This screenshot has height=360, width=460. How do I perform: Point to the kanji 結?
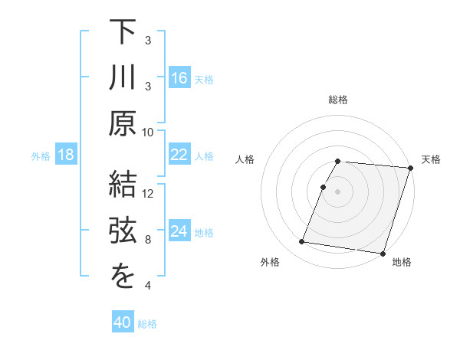coord(122,186)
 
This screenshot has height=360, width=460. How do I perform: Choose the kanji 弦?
coord(122,232)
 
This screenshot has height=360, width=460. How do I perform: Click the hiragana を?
coord(122,278)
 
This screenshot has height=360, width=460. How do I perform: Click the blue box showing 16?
coord(179,78)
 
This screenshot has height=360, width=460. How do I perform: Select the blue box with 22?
coord(179,155)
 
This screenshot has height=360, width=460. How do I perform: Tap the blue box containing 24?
coord(179,232)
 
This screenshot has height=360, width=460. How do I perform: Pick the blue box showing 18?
coord(66,155)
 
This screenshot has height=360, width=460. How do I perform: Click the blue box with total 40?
coord(123,323)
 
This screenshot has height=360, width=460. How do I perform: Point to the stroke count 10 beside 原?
coord(148,132)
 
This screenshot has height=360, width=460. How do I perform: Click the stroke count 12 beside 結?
coord(148,194)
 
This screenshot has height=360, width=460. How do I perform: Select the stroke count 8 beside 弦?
coord(148,240)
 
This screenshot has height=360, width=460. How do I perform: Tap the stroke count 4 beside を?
coord(148,286)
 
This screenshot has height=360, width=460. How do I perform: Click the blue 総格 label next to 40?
coord(147,324)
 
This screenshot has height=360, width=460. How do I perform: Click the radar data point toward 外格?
coord(302,242)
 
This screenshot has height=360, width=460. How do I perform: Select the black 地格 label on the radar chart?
coord(402,263)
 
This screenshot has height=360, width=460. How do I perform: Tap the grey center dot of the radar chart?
coord(337,191)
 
